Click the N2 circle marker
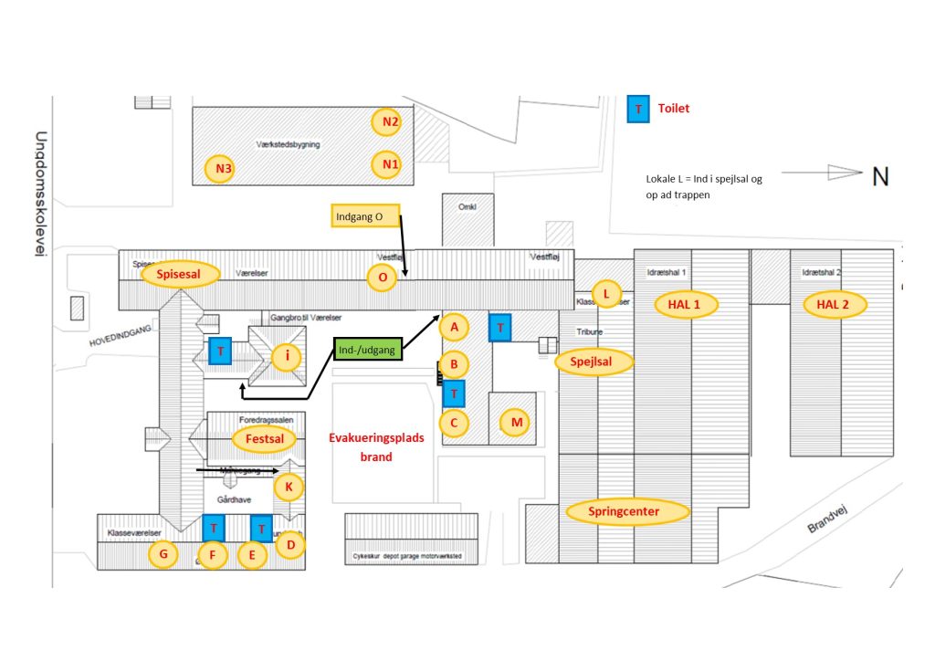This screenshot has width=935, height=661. point(391,121)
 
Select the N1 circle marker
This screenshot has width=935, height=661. point(391,165)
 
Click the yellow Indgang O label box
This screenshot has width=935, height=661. point(364,216)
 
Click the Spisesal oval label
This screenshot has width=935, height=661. point(181,273)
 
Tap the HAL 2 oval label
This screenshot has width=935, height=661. point(834,304)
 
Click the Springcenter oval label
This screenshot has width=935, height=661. point(627,511)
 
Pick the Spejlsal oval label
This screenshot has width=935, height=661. point(595,362)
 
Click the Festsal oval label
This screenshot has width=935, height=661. point(265,438)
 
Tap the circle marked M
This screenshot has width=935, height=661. point(517,422)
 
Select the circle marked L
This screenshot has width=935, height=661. point(605,293)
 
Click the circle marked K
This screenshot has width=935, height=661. point(289,488)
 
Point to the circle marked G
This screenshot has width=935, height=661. point(163,553)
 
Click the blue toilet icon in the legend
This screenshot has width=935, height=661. point(638,109)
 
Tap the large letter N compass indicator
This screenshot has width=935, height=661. point(880,176)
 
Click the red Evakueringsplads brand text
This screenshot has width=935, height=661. point(376,447)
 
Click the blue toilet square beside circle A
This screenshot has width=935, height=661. point(499,327)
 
